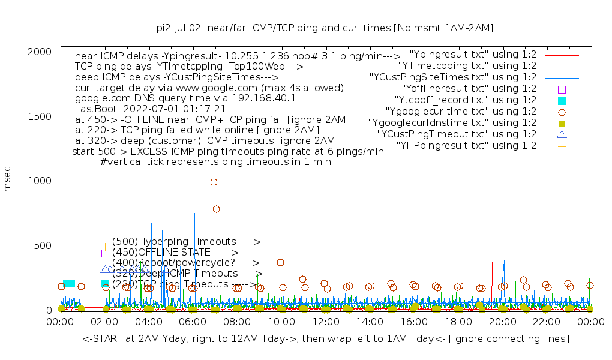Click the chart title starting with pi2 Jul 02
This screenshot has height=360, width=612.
tap(325, 28)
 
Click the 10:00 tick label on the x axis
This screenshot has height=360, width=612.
tap(281, 323)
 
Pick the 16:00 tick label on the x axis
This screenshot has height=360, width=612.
tap(414, 323)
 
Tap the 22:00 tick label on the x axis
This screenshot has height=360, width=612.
tap(547, 323)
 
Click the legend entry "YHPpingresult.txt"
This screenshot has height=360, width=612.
tap(466, 145)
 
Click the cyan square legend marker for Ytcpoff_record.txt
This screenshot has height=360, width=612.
tap(562, 100)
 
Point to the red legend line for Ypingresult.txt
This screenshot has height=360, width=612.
tap(562, 54)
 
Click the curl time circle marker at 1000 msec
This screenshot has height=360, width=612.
tap(214, 182)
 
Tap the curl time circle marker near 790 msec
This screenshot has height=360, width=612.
tap(216, 209)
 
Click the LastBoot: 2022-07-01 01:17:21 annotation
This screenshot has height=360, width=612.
tap(150, 109)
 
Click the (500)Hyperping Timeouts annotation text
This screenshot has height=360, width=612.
tap(186, 242)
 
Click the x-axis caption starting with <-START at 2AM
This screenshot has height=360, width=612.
tap(326, 339)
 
